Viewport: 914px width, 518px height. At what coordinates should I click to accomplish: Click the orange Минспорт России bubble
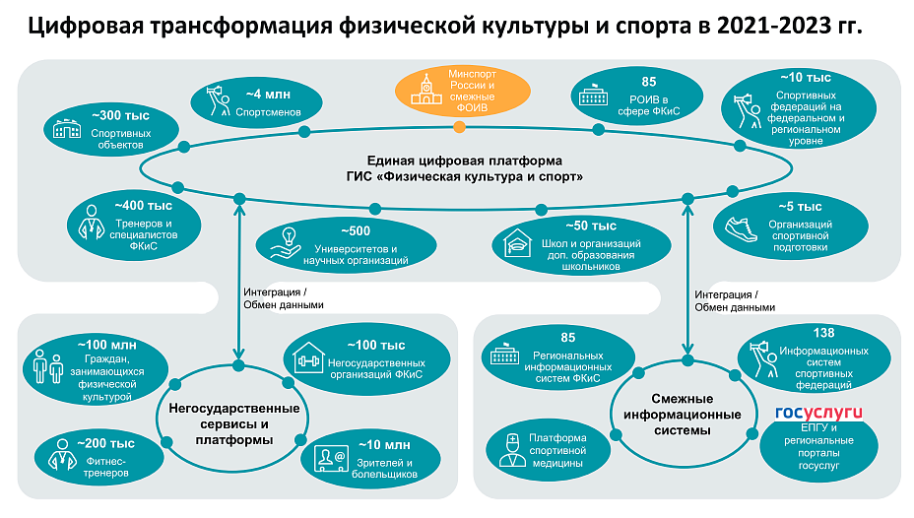pos(463,91)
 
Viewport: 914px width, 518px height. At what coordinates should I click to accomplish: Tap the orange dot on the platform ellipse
pos(459,126)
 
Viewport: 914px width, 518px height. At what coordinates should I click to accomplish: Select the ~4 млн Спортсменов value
pos(268,95)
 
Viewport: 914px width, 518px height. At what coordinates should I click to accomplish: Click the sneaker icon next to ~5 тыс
pos(741,229)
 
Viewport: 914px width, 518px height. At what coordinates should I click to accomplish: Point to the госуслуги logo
pos(818,413)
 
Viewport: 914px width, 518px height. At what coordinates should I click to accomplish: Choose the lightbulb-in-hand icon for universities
pos(286,243)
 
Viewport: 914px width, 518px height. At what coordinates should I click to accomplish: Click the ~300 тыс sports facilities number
pos(120,115)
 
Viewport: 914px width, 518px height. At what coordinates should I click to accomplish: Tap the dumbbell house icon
pos(308,357)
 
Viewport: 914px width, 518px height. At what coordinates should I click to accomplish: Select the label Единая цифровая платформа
pos(465,161)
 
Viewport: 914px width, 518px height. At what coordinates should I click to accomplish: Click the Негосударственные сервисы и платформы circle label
pos(233,423)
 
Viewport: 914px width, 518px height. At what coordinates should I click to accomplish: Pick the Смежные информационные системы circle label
pos(682,415)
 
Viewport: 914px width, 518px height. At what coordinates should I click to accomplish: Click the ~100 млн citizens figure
pos(106,345)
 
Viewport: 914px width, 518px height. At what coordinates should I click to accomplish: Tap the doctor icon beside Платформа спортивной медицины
pos(512,450)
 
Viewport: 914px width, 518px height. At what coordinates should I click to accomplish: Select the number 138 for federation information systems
pos(823,333)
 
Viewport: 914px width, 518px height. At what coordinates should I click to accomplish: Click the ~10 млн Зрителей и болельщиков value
pos(384,445)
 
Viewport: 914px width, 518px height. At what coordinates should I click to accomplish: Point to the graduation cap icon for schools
pos(517,242)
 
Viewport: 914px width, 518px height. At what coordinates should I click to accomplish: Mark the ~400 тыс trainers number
pos(144,206)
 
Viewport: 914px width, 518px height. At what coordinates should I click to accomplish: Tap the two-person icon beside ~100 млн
pos(48,366)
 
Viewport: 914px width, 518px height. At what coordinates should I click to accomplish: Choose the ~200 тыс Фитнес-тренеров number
pos(105,443)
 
